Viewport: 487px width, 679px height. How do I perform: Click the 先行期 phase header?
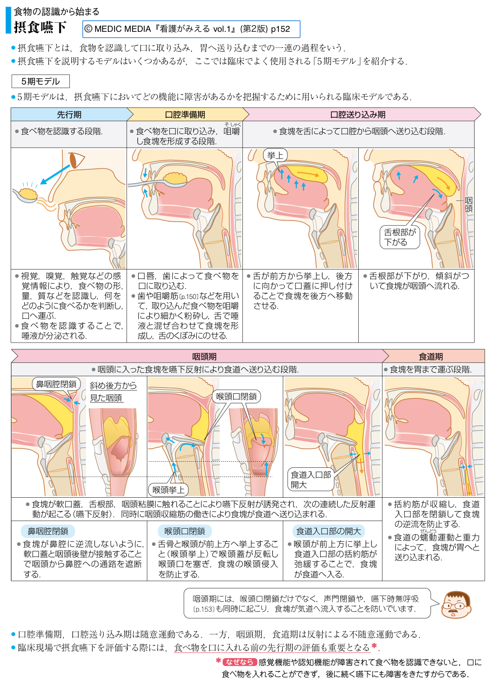pyautogui.click(x=69, y=114)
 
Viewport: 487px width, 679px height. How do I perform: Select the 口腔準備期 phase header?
pyautogui.click(x=185, y=114)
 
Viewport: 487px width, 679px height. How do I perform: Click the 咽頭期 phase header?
pyautogui.click(x=204, y=356)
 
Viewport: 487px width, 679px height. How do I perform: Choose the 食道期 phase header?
pyautogui.click(x=430, y=356)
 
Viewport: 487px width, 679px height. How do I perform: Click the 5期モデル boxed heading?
pyautogui.click(x=40, y=81)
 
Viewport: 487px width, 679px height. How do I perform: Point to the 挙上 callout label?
pyautogui.click(x=275, y=155)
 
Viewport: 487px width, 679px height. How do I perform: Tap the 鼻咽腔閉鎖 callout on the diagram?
pyautogui.click(x=57, y=384)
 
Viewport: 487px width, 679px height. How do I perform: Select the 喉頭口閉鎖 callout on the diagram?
pyautogui.click(x=236, y=396)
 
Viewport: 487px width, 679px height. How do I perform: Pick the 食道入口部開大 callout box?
pyautogui.click(x=311, y=479)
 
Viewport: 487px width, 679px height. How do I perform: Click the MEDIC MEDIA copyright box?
pyautogui.click(x=191, y=29)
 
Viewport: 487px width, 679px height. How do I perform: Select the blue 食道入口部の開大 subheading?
pyautogui.click(x=329, y=531)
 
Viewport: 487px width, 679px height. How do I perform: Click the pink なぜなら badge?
pyautogui.click(x=239, y=662)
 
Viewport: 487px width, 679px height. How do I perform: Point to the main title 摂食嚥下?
pyautogui.click(x=40, y=27)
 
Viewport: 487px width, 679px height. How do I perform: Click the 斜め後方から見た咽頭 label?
pyautogui.click(x=113, y=391)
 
